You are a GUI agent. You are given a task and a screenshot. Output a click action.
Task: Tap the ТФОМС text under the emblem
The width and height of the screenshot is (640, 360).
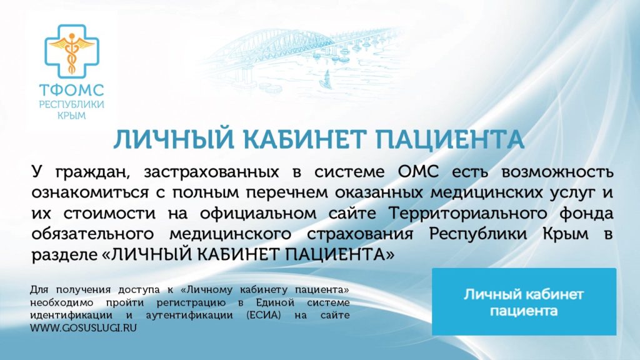click(x=71, y=91)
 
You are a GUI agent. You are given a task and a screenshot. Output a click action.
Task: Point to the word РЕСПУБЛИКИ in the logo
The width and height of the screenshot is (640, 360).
click(x=71, y=104)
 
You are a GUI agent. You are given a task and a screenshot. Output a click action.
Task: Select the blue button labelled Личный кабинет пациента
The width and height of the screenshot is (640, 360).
click(x=524, y=301)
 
